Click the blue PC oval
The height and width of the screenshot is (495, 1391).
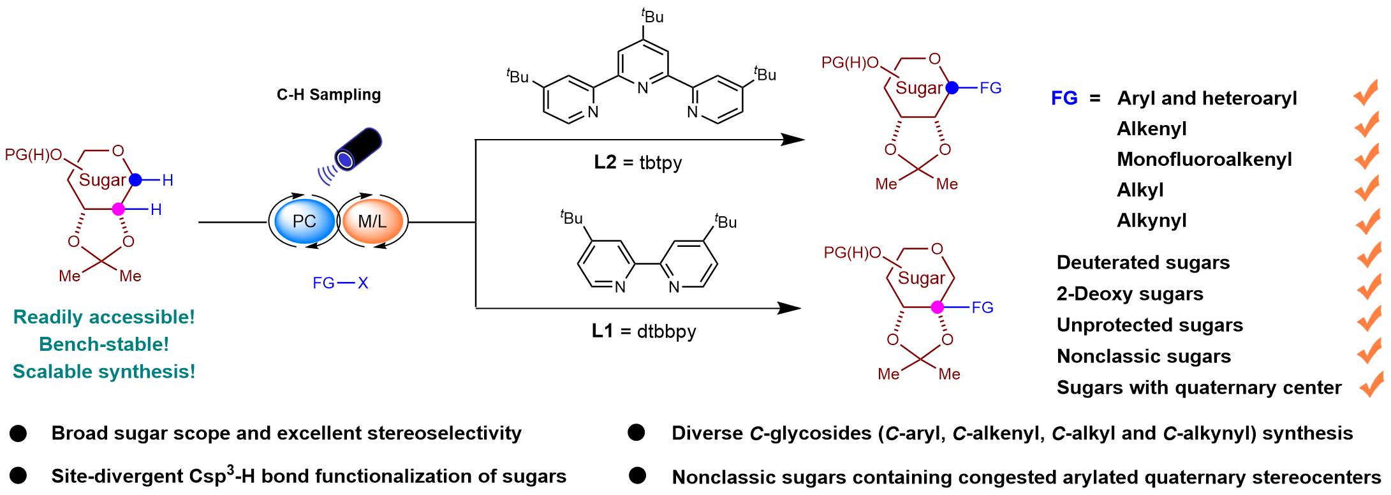pyautogui.click(x=304, y=221)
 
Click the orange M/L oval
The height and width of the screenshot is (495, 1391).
pyautogui.click(x=373, y=221)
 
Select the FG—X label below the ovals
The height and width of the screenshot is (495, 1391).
pyautogui.click(x=341, y=283)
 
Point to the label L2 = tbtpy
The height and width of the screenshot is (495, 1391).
pyautogui.click(x=638, y=163)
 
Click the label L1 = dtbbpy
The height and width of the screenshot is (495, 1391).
pyautogui.click(x=643, y=332)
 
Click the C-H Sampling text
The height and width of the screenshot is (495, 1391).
pyautogui.click(x=329, y=95)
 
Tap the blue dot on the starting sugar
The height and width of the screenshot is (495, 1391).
pyautogui.click(x=135, y=181)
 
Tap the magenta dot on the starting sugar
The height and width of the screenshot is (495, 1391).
pyautogui.click(x=118, y=209)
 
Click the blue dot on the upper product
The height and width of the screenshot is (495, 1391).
pyautogui.click(x=952, y=88)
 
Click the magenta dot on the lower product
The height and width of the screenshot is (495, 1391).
pyautogui.click(x=937, y=307)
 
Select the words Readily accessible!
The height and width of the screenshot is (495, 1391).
pyautogui.click(x=104, y=317)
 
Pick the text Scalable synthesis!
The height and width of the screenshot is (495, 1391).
pyautogui.click(x=104, y=371)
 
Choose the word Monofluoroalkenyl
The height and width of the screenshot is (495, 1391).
pyautogui.click(x=1205, y=159)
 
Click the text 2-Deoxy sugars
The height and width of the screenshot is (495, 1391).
pyautogui.click(x=1130, y=293)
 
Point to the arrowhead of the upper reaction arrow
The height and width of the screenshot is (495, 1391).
pyautogui.click(x=794, y=140)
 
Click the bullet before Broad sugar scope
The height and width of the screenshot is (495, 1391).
pyautogui.click(x=18, y=434)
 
